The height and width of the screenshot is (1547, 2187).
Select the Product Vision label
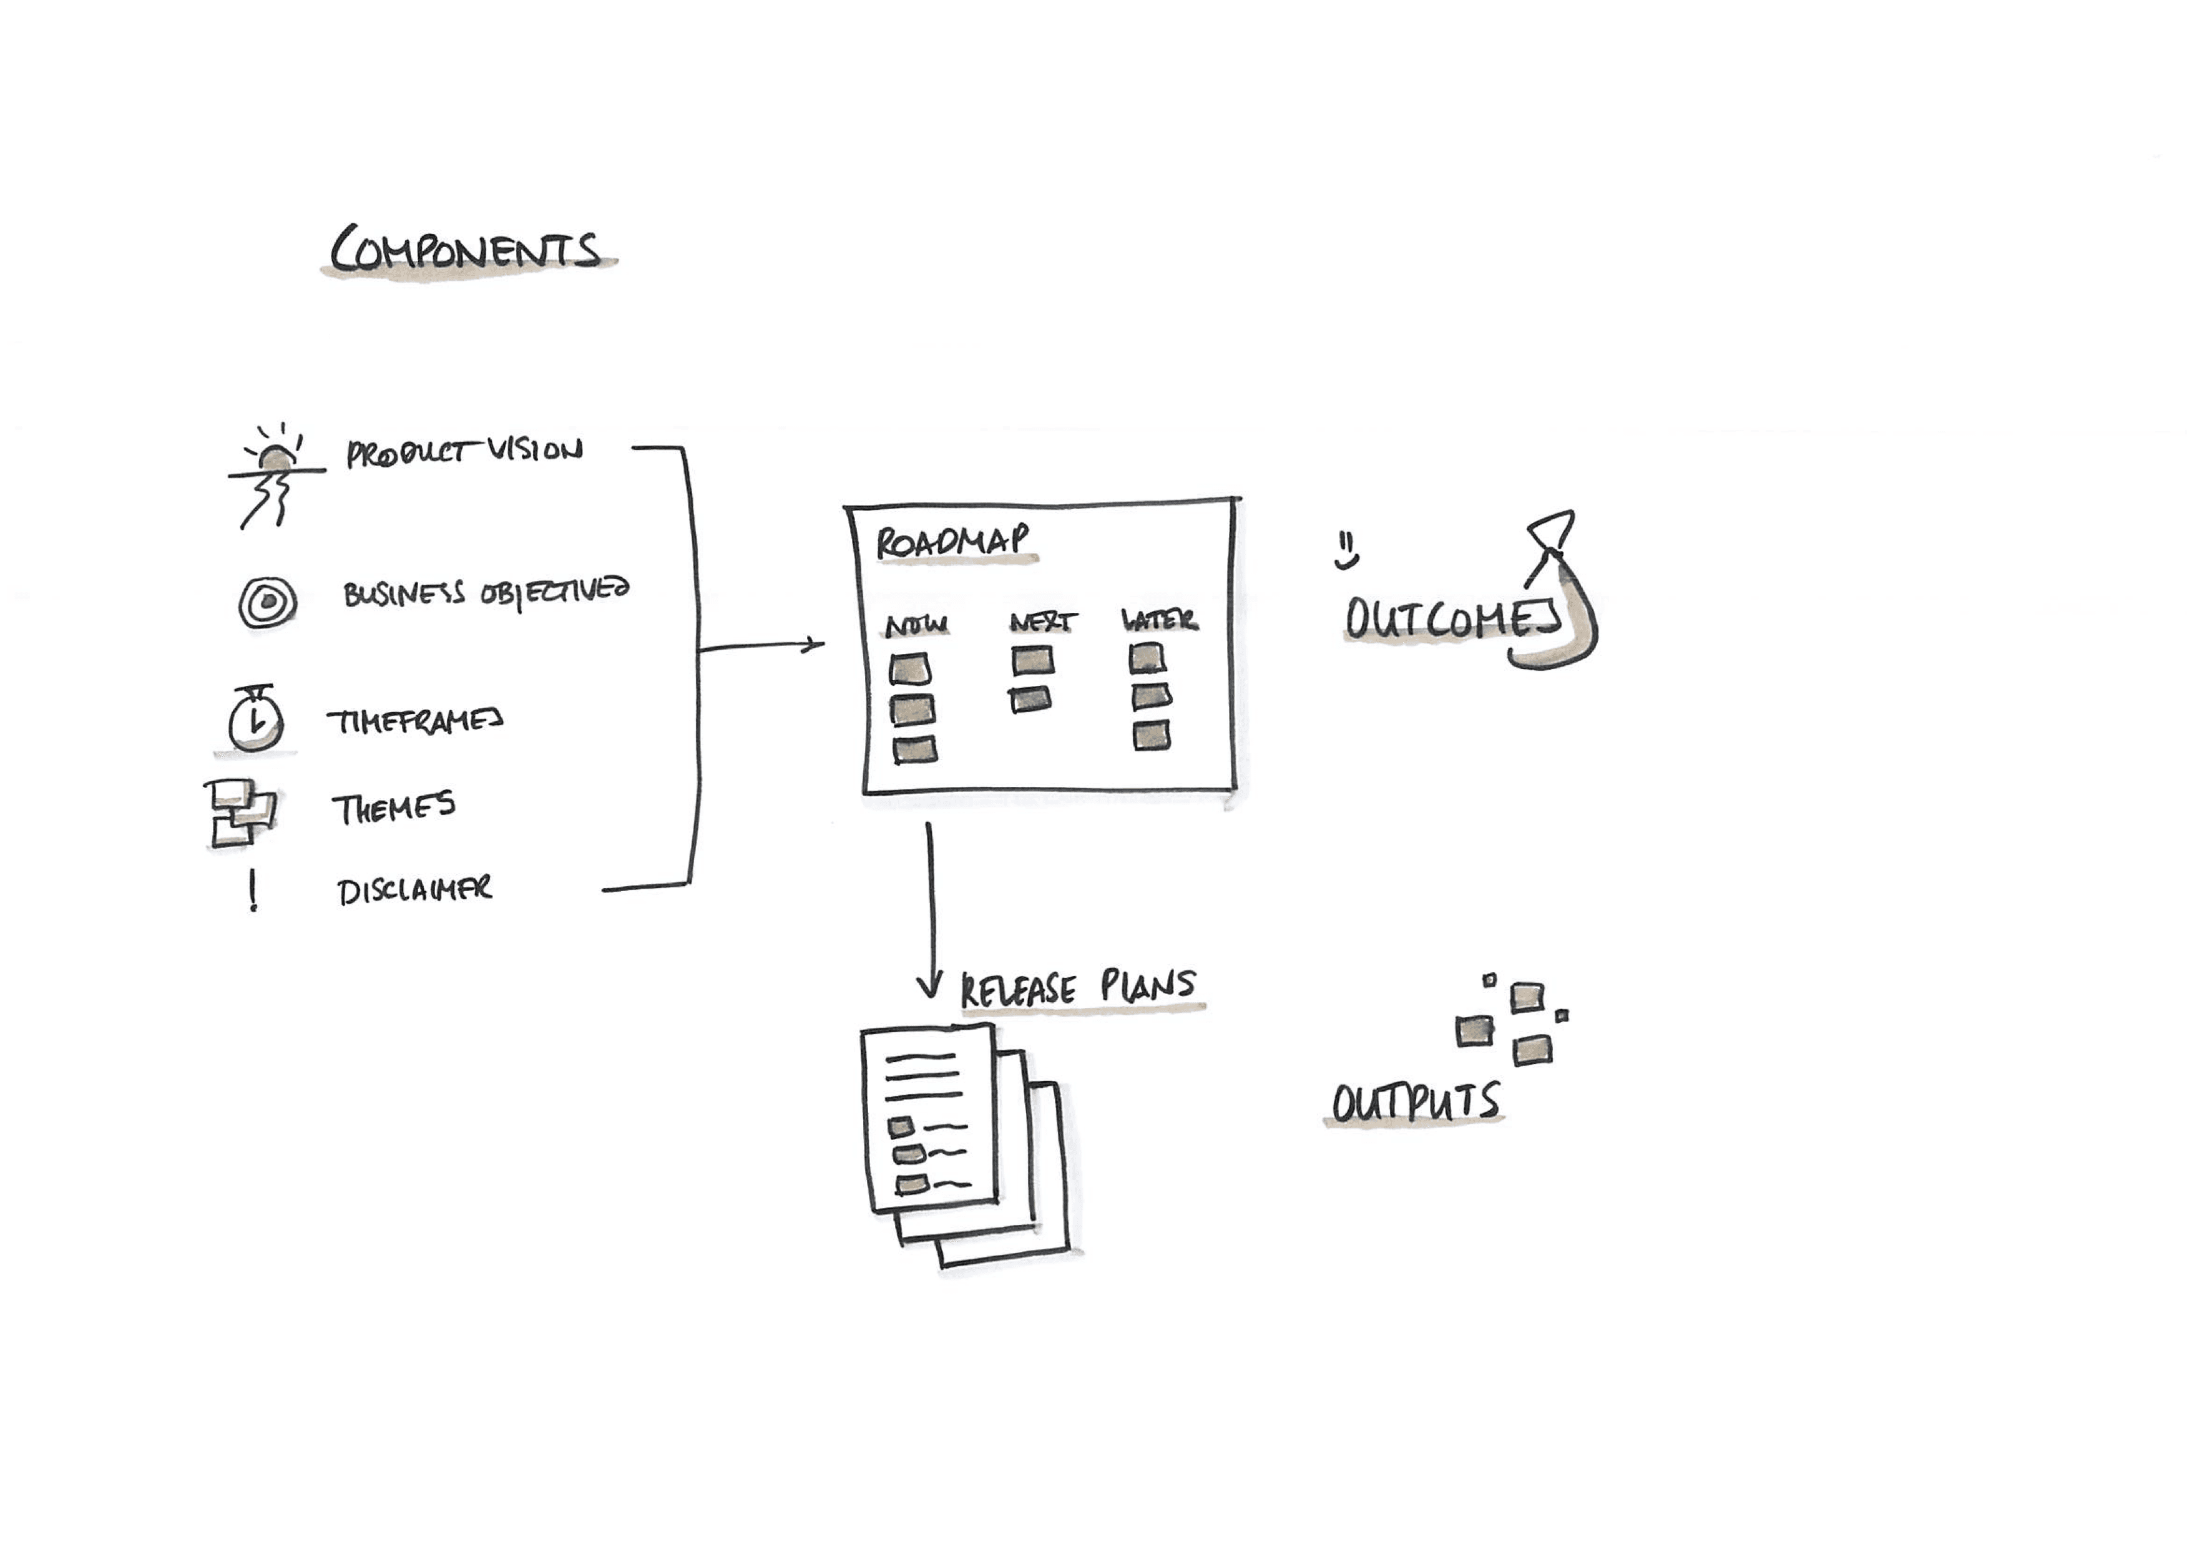click(464, 452)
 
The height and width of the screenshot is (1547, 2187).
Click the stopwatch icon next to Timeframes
click(255, 720)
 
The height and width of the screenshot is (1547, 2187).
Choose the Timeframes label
click(415, 721)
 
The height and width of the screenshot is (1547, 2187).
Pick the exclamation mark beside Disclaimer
click(252, 891)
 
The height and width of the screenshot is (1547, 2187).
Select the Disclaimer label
click(414, 891)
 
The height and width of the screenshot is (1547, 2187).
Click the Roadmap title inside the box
click(952, 542)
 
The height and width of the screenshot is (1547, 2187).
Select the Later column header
click(1159, 620)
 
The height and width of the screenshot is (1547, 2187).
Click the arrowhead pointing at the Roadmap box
click(815, 645)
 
